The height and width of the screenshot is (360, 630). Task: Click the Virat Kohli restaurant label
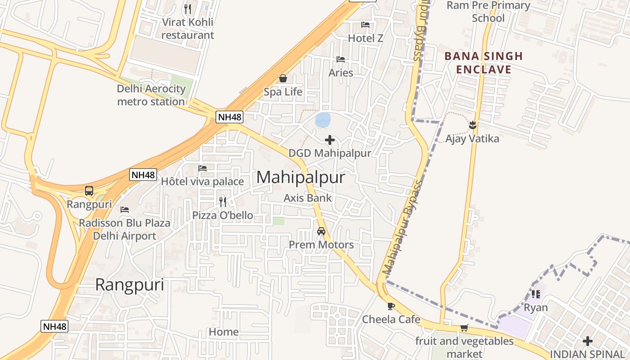[188, 28]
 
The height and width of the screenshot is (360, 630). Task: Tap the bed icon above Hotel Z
[365, 25]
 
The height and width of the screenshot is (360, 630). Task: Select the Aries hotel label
[341, 72]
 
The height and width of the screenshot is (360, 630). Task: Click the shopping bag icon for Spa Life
[283, 79]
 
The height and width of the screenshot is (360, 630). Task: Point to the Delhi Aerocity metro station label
[151, 95]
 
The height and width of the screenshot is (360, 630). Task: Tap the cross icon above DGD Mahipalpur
[330, 140]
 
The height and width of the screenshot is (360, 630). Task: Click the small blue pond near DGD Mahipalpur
[323, 120]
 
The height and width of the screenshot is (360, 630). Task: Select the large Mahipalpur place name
[301, 177]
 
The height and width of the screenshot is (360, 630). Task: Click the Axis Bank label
[308, 198]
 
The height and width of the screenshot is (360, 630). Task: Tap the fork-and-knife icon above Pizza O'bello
[223, 202]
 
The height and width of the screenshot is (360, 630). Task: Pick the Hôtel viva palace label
[202, 181]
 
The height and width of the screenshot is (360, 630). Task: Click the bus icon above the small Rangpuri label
[89, 191]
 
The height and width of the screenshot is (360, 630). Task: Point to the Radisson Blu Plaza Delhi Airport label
[125, 229]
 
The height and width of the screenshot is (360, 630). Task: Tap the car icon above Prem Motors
[321, 231]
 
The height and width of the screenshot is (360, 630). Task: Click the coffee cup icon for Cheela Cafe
[391, 306]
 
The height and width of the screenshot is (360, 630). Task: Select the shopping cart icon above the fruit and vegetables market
[464, 328]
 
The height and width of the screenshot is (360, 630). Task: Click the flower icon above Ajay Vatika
[472, 125]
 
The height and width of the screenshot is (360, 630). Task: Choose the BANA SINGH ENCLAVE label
[484, 63]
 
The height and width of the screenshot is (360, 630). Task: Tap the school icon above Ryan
[535, 294]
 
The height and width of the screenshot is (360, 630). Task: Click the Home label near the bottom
[224, 332]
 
